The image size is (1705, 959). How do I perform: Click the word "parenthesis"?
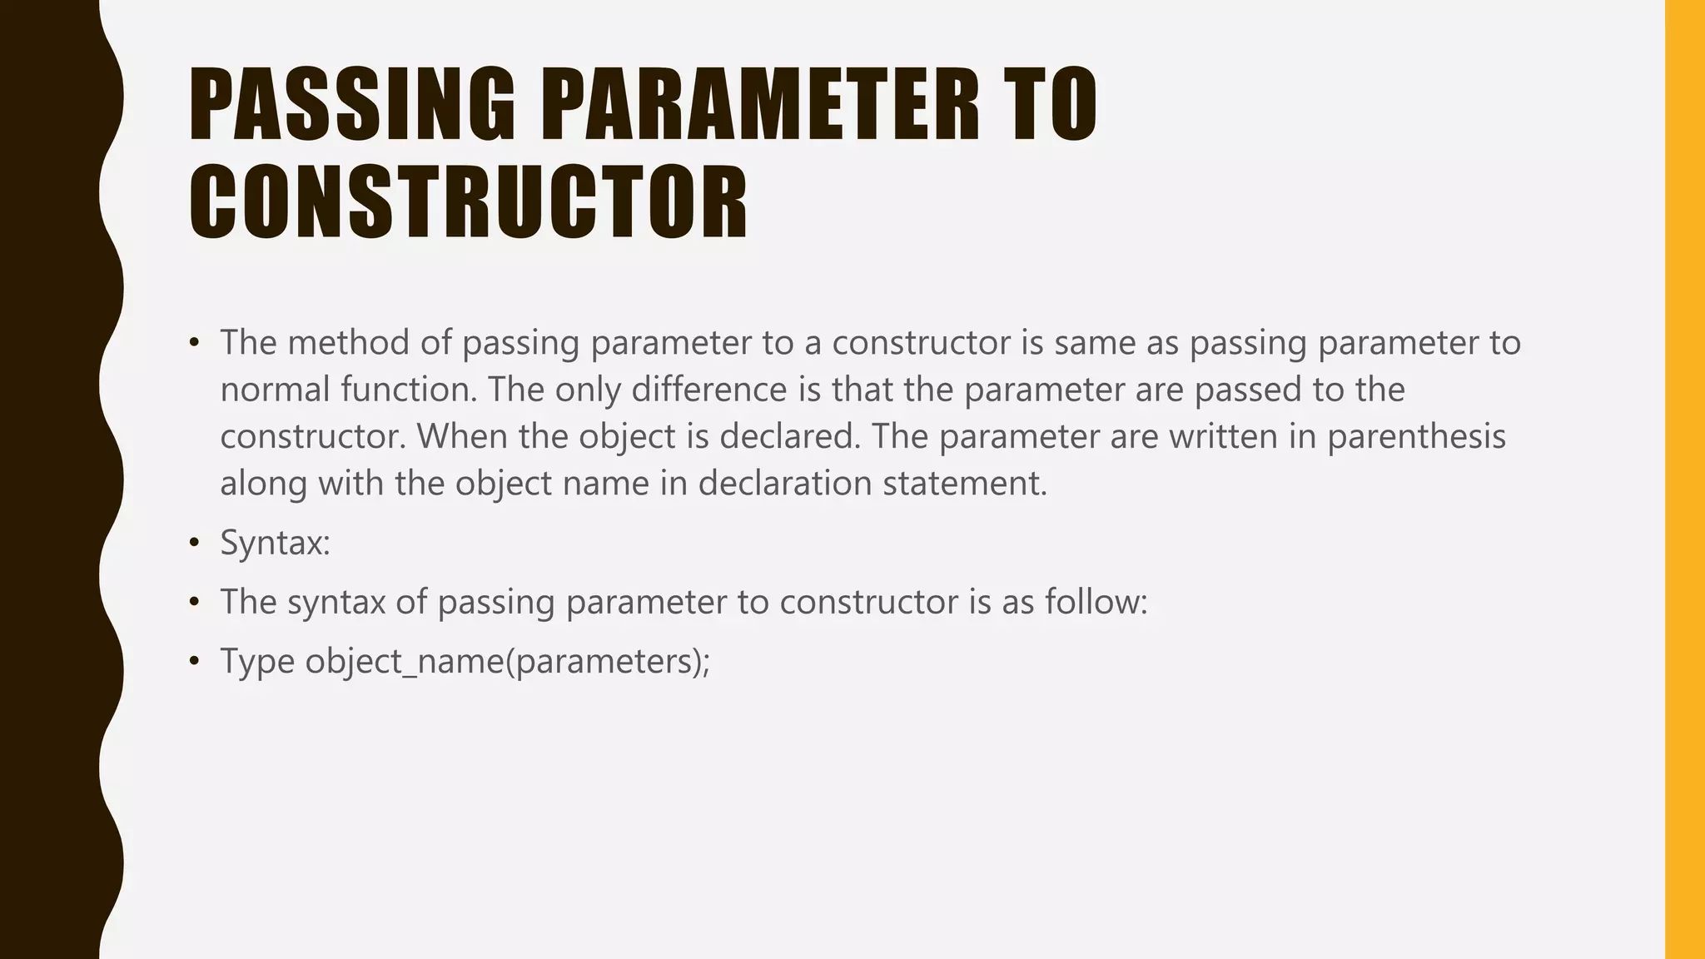(1416, 436)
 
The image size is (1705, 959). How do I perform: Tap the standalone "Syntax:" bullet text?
(275, 543)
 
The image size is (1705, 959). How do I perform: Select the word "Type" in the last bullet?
(257, 661)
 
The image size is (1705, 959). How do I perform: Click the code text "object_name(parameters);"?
(507, 661)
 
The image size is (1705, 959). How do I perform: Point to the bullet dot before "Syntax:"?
(195, 544)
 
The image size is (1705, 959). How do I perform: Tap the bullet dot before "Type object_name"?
(195, 662)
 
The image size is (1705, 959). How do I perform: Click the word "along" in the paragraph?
(263, 483)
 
